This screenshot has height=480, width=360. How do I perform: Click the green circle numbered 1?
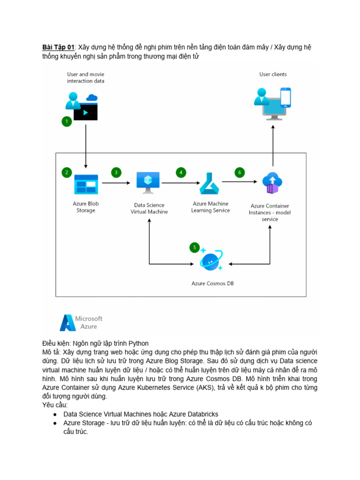point(67,121)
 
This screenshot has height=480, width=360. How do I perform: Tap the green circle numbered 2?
point(67,172)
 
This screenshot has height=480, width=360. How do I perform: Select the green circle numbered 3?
point(116,172)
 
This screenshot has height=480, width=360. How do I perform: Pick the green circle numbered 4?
point(180,172)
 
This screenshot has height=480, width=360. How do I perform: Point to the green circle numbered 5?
point(194,247)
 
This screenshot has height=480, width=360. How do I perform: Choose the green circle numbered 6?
point(240,172)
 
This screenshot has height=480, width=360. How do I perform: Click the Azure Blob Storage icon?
point(86,184)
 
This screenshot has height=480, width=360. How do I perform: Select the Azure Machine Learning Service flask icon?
point(210,183)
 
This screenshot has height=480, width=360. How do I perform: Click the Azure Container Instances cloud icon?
point(272,183)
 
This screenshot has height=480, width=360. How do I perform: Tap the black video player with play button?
point(85,112)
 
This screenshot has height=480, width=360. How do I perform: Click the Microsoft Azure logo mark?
point(67,322)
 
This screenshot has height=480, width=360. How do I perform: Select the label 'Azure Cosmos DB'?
point(212,283)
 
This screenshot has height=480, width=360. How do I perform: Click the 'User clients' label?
point(273,74)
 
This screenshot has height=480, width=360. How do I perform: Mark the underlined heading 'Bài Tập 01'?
point(58,47)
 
